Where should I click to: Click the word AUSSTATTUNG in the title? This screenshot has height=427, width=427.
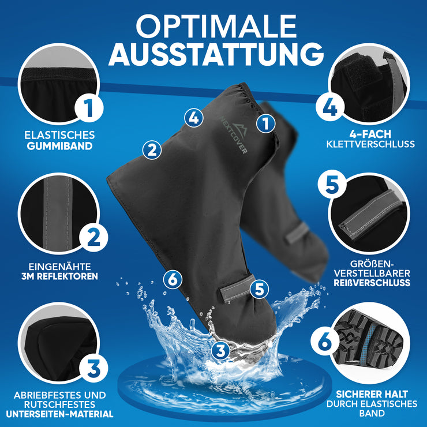215,54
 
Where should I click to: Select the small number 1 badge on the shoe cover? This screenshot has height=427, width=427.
265,123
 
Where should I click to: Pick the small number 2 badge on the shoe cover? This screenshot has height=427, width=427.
152,150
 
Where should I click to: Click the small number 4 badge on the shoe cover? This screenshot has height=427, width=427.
194,118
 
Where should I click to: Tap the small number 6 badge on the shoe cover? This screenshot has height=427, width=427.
173,280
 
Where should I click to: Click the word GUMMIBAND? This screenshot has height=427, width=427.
60,146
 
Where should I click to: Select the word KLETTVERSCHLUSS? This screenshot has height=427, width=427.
370,144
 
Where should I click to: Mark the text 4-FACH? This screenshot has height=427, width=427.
370,133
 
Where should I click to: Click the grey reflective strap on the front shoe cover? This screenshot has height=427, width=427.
238,289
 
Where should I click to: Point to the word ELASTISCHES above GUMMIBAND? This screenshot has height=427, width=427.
60,134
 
